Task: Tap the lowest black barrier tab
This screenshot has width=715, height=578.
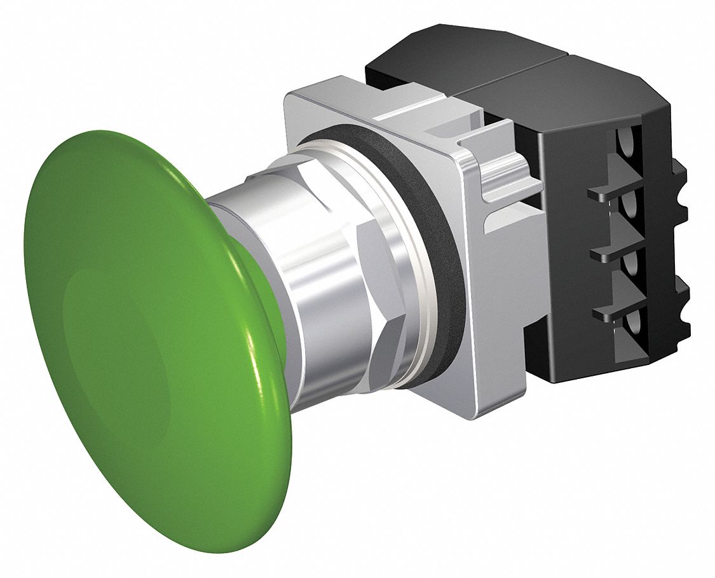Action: pos(607,312)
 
